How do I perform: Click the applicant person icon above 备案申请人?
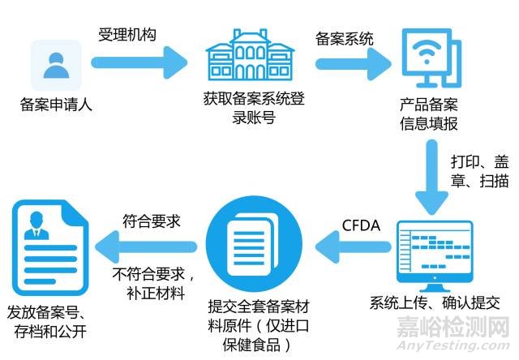coord(56,64)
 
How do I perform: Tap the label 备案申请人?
coord(56,105)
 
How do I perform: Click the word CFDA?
coord(361,225)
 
